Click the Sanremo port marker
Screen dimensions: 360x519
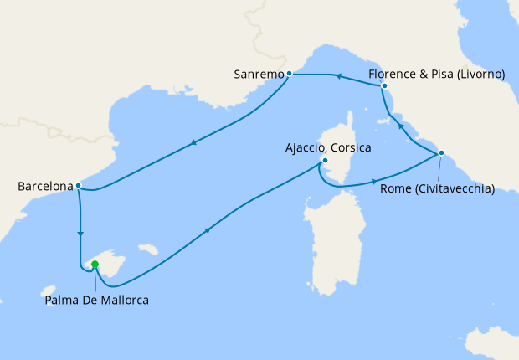(x=290, y=74)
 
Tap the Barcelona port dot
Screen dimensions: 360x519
(x=78, y=186)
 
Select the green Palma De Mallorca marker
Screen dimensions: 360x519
(x=95, y=265)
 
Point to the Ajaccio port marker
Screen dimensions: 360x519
(x=324, y=162)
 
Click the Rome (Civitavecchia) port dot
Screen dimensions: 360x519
(x=441, y=152)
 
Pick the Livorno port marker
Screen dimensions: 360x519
(x=384, y=86)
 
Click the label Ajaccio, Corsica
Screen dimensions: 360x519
(x=328, y=147)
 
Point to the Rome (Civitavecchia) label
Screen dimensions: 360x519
(x=437, y=188)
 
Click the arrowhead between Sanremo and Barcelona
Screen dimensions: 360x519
(x=194, y=141)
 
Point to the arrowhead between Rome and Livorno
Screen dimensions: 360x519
(x=400, y=126)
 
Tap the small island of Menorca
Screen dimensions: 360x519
(x=148, y=249)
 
